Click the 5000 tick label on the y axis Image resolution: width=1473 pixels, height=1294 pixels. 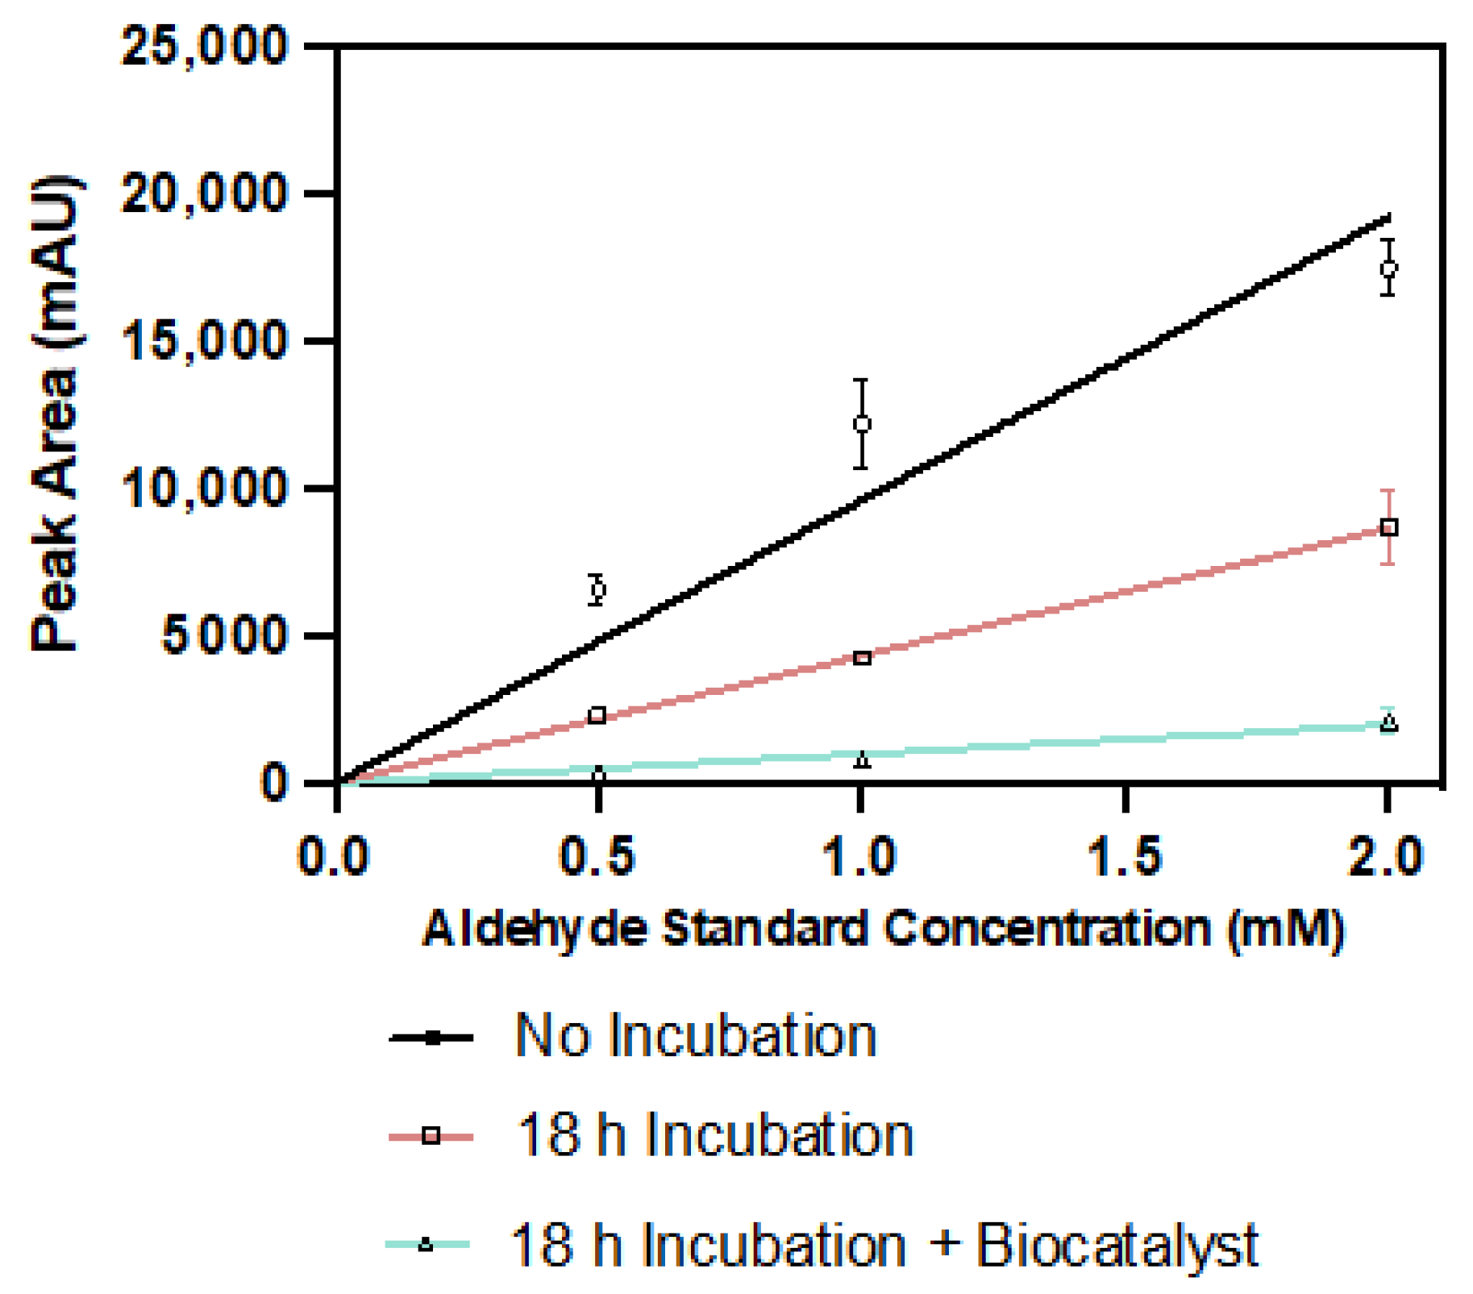[x=224, y=636]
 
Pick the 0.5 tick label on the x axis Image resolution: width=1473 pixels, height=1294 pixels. [x=597, y=856]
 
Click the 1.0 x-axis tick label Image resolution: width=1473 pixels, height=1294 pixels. [x=860, y=856]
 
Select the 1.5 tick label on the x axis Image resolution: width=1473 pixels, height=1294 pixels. [x=1125, y=856]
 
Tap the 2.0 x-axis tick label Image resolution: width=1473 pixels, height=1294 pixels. [x=1387, y=856]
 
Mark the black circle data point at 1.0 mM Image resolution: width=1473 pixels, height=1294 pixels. [x=862, y=424]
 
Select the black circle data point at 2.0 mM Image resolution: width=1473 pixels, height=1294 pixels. [x=1388, y=268]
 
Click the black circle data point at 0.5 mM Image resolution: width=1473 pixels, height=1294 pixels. [x=597, y=590]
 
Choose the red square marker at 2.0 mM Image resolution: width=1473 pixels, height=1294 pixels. [x=1389, y=527]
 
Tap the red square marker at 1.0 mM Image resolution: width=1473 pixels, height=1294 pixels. [x=862, y=659]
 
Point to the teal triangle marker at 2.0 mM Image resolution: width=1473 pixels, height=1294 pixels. [x=1389, y=722]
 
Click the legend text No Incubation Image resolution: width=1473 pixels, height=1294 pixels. [x=695, y=1036]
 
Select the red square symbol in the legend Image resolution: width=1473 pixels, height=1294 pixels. [x=431, y=1137]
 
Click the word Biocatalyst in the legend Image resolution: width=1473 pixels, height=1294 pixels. [x=1117, y=1246]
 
